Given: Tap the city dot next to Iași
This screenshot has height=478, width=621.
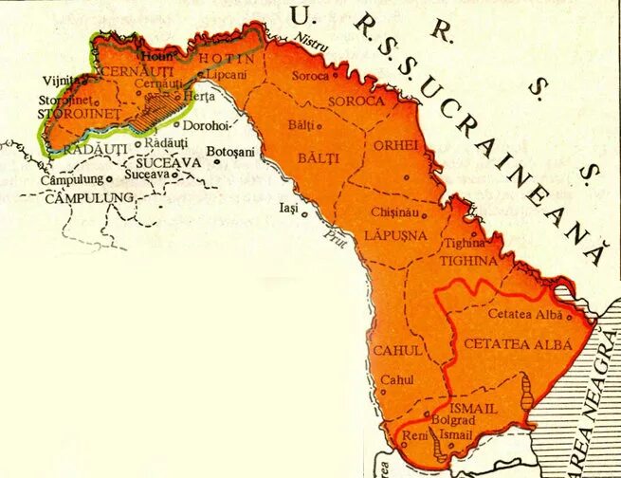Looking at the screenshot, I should click(304, 213).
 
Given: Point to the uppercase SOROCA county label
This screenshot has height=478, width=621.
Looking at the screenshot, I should click(356, 101).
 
